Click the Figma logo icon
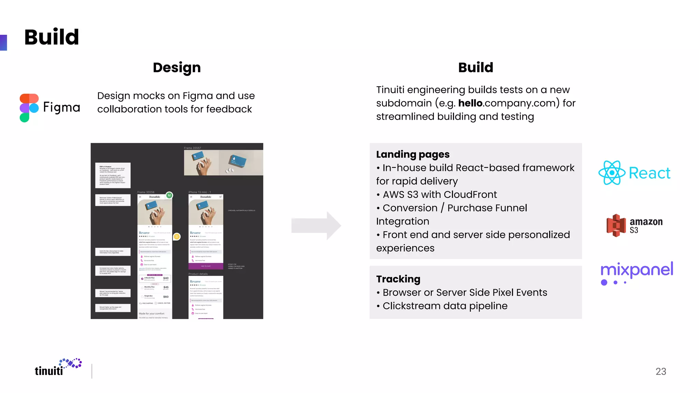click(29, 107)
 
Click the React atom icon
click(612, 173)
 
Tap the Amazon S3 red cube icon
click(616, 225)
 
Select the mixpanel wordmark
click(637, 270)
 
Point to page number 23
click(661, 371)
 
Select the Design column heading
click(177, 68)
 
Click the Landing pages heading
click(413, 154)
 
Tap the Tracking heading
click(398, 279)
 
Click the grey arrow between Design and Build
click(316, 225)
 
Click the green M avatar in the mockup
click(169, 195)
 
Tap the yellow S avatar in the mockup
click(176, 236)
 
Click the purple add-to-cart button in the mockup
click(206, 266)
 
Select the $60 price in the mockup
click(166, 297)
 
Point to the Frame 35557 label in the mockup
click(192, 148)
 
